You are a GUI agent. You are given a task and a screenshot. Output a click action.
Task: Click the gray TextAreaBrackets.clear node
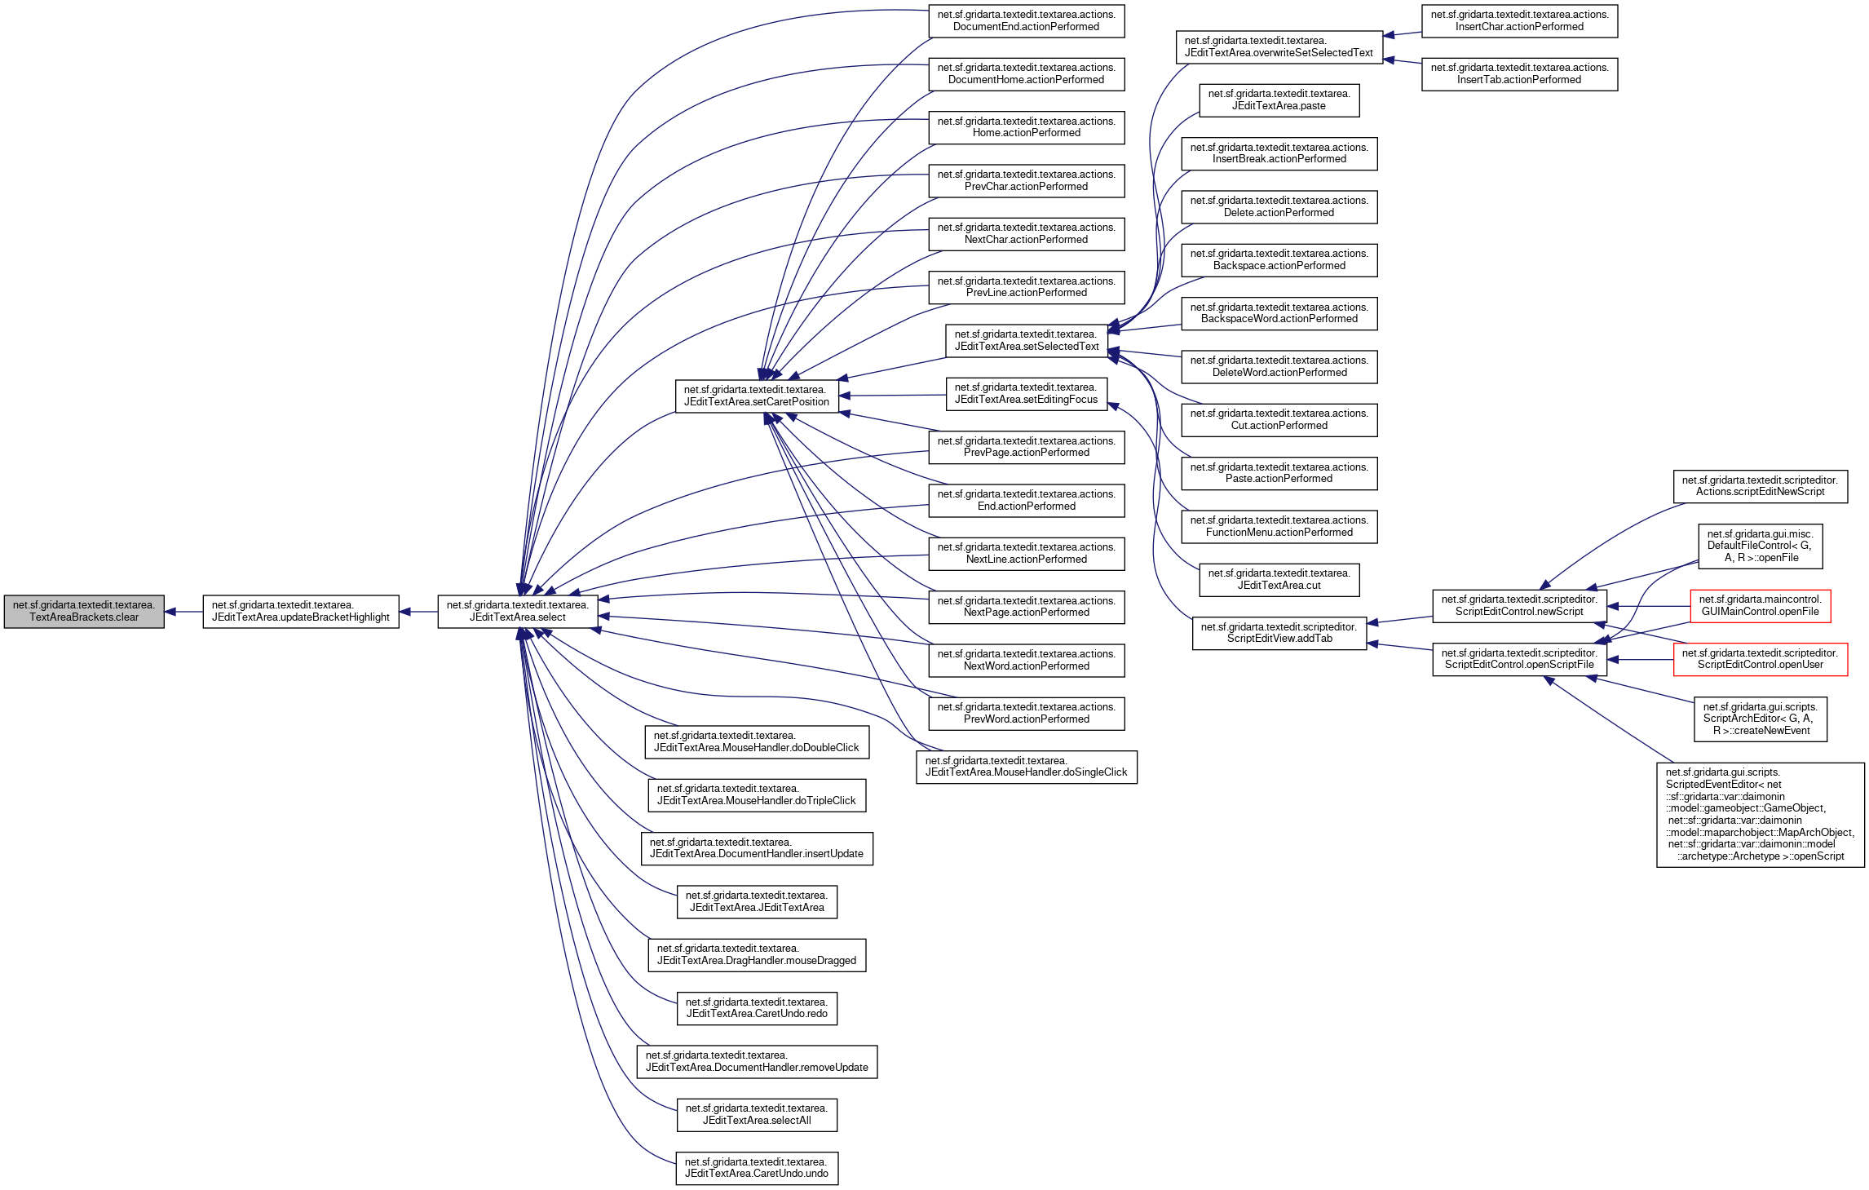pos(84,612)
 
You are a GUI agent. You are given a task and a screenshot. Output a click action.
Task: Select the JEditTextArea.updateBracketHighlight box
pos(300,612)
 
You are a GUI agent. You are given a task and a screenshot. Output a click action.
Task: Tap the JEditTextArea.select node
pos(517,612)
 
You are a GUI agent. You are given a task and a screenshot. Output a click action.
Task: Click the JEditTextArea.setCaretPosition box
pos(756,396)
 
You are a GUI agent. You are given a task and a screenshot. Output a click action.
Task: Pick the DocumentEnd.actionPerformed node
pos(1026,21)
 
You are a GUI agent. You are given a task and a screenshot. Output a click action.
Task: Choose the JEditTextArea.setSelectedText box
pos(1026,341)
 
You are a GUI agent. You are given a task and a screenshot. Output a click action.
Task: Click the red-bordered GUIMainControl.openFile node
pos(1760,606)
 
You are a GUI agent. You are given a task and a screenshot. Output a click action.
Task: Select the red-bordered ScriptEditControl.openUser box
pos(1760,659)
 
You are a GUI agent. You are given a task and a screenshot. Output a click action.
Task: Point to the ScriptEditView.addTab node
pos(1279,633)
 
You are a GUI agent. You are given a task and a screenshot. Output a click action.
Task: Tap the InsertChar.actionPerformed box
pos(1519,21)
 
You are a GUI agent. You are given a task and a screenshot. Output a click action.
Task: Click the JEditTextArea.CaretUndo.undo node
pos(756,1168)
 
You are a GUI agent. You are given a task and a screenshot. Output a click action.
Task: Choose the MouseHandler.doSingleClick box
pos(1026,767)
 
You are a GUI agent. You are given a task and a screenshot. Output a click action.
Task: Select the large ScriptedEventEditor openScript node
pos(1760,814)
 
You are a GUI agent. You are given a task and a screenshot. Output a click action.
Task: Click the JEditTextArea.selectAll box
pos(756,1115)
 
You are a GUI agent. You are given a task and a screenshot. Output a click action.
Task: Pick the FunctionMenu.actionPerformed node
pos(1279,527)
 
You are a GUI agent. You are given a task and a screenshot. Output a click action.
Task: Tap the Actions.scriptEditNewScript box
pos(1760,486)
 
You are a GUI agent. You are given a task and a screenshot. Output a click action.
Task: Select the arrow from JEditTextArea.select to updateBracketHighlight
pos(418,612)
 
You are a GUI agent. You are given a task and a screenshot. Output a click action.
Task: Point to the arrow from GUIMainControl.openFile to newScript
pos(1647,606)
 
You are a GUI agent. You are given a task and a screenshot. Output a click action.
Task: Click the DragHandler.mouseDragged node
pos(756,955)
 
